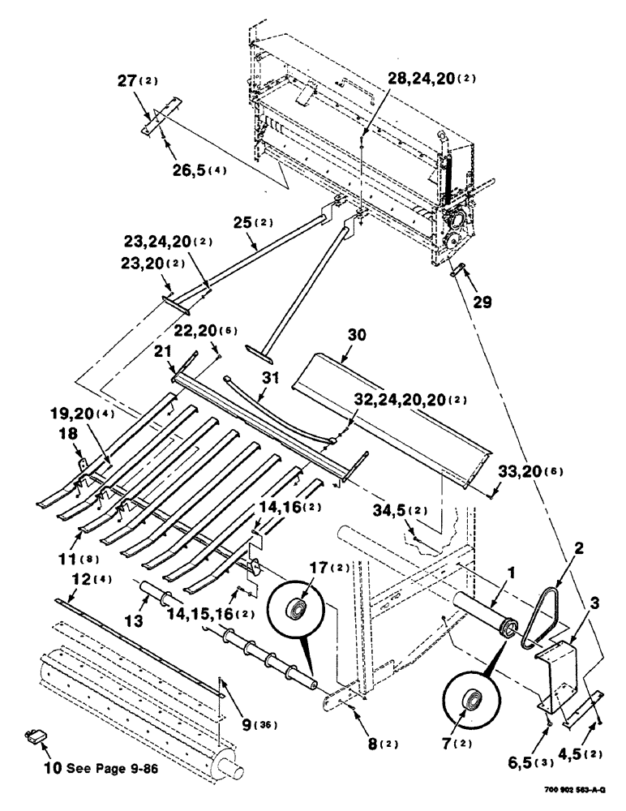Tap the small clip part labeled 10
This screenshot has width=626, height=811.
click(35, 736)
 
